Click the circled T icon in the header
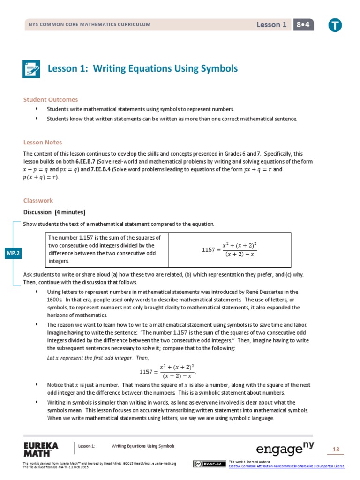click(x=335, y=25)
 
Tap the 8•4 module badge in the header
click(x=304, y=25)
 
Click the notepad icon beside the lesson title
click(x=32, y=69)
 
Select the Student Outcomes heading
click(x=51, y=99)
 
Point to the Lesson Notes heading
click(x=43, y=142)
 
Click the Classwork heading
click(x=38, y=200)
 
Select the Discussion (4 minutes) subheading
click(x=54, y=211)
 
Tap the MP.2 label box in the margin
click(x=13, y=253)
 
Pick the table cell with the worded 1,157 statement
click(x=106, y=249)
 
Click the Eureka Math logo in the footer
click(x=41, y=449)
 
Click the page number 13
click(x=336, y=450)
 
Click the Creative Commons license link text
click(x=286, y=466)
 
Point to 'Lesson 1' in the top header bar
click(x=271, y=25)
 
